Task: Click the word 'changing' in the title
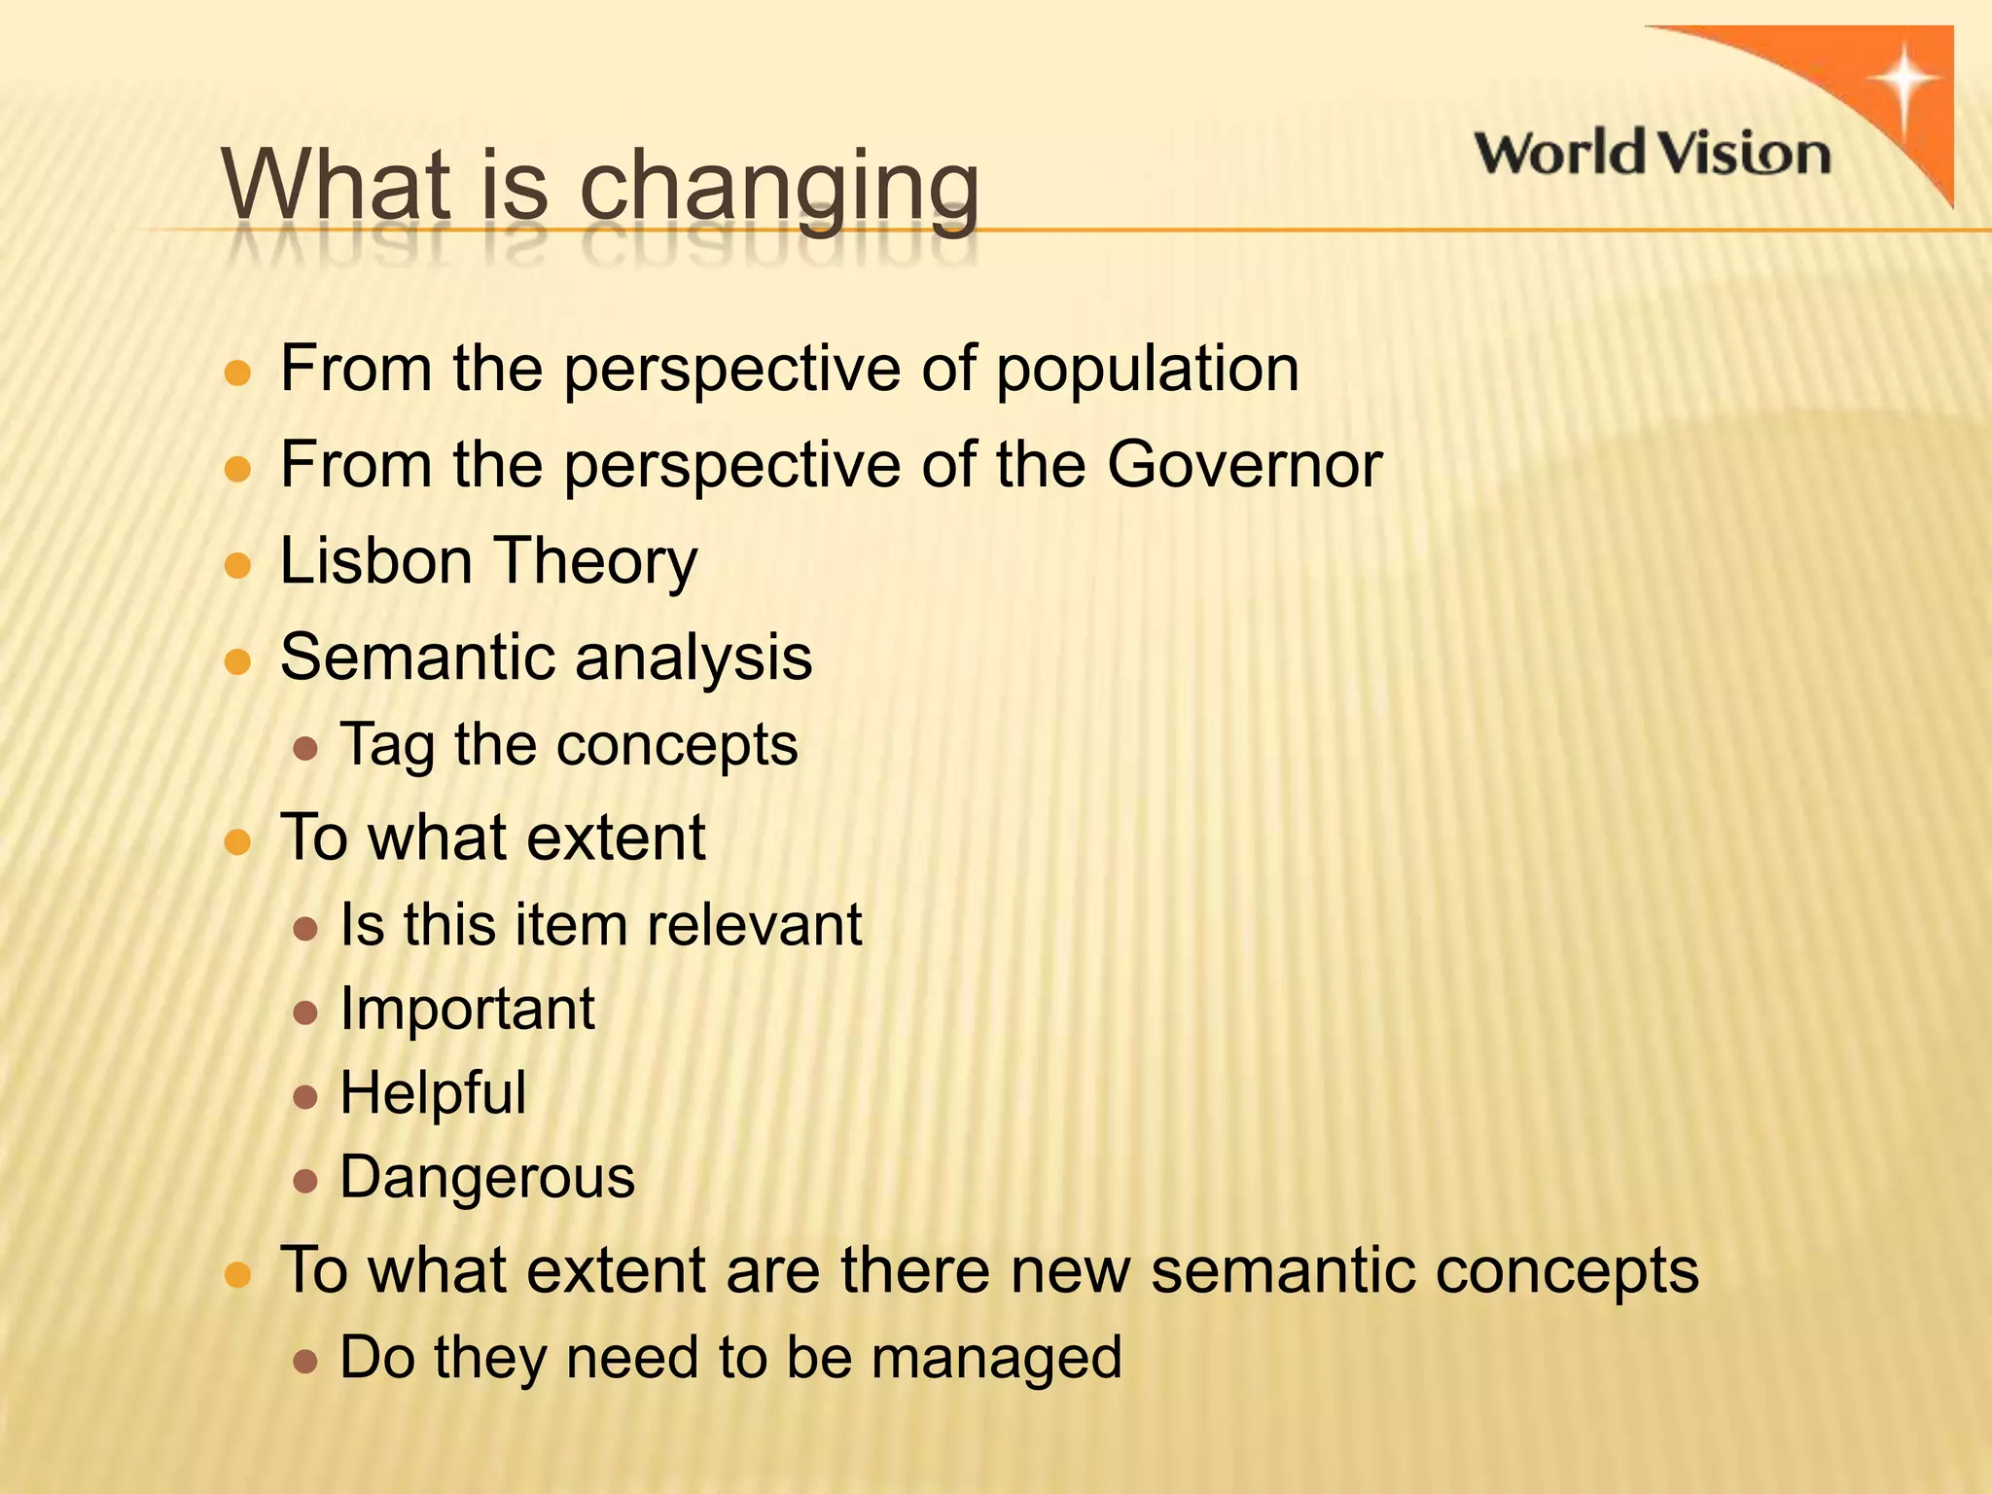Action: pos(779,187)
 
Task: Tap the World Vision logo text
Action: pos(1652,154)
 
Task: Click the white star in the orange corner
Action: pos(1906,82)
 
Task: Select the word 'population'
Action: pos(1147,371)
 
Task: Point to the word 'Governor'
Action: pos(1244,465)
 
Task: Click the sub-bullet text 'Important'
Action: pos(467,1009)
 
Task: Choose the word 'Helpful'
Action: pos(433,1093)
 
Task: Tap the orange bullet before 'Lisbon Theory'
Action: pos(237,565)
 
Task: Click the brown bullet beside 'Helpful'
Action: pos(305,1097)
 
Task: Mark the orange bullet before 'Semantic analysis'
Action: pos(237,661)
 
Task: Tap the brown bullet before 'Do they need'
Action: pos(305,1361)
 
